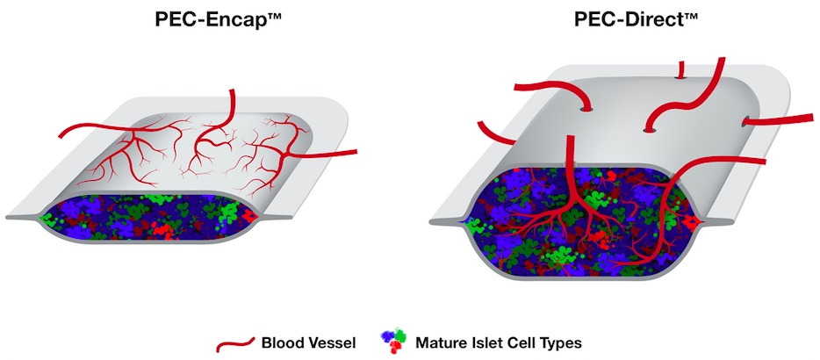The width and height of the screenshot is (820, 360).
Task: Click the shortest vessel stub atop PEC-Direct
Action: tap(679, 70)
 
